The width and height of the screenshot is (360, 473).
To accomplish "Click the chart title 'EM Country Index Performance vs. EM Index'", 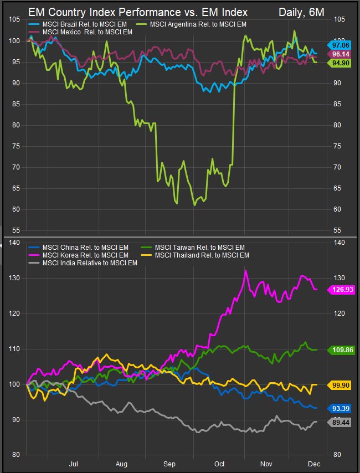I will coord(138,12).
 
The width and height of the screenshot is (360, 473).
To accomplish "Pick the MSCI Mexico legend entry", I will coord(87,32).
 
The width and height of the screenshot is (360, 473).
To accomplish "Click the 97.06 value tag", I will coord(338,44).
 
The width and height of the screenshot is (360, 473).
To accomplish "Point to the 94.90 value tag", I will coord(338,63).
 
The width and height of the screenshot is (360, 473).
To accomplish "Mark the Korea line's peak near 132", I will coord(245,270).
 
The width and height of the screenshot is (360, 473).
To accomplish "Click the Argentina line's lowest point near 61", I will coord(194,205).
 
